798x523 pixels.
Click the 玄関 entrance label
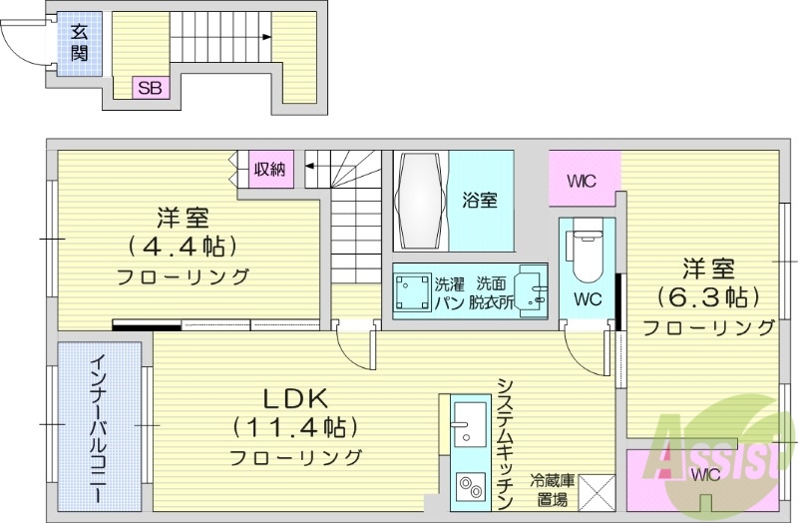click(x=78, y=41)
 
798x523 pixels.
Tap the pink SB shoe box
click(x=151, y=88)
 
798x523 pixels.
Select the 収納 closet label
click(x=268, y=169)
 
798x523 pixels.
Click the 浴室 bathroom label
click(x=479, y=200)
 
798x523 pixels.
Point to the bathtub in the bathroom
click(x=420, y=200)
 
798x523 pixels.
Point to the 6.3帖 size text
click(x=708, y=296)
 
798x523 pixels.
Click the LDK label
click(x=294, y=397)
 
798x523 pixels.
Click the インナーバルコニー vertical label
click(x=99, y=429)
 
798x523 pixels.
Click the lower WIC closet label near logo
click(x=704, y=473)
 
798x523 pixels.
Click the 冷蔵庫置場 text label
click(x=552, y=489)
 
